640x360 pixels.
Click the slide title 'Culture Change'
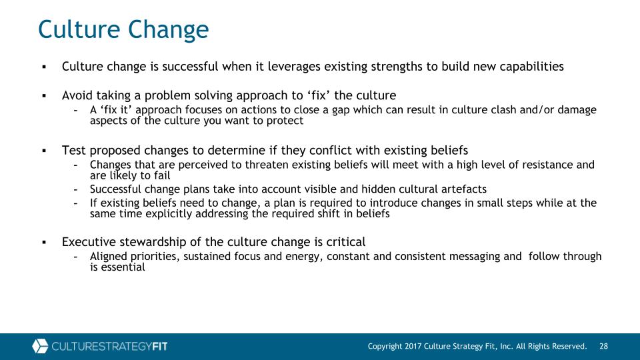tap(123, 30)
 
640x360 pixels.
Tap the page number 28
tap(604, 347)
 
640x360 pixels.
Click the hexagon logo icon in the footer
tap(40, 346)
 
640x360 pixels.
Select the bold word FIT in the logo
tap(160, 347)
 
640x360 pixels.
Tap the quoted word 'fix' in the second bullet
tap(319, 95)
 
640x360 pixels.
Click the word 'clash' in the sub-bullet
tap(504, 110)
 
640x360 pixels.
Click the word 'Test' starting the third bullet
tap(74, 151)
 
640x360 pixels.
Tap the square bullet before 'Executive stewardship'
tap(45, 243)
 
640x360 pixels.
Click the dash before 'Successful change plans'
tap(76, 190)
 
